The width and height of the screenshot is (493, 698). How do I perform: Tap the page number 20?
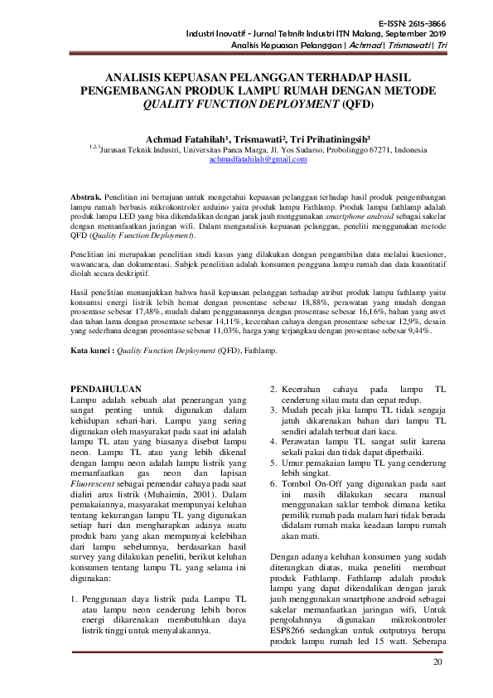pos(438,662)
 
